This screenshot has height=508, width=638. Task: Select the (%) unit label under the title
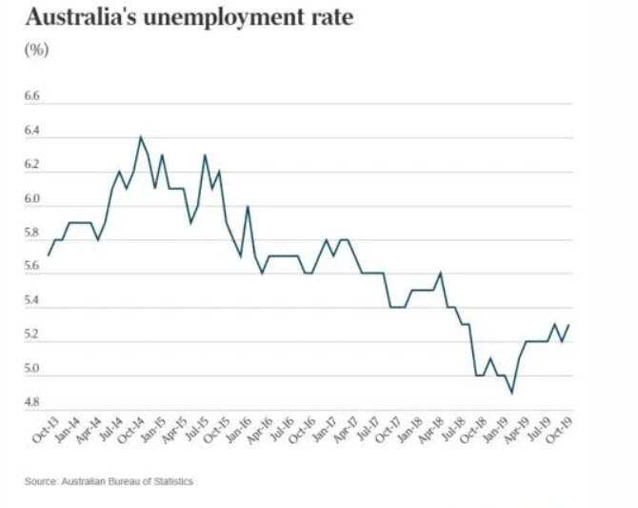coord(35,49)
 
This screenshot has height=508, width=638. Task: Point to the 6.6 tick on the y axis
coord(33,97)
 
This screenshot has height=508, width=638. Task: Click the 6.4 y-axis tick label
coord(33,132)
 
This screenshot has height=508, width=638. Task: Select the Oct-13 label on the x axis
coord(41,432)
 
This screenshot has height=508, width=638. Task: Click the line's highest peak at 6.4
coord(141,137)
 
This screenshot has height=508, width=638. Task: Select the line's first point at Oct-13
coord(49,255)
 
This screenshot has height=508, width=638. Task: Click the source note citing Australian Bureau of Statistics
coord(109,481)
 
